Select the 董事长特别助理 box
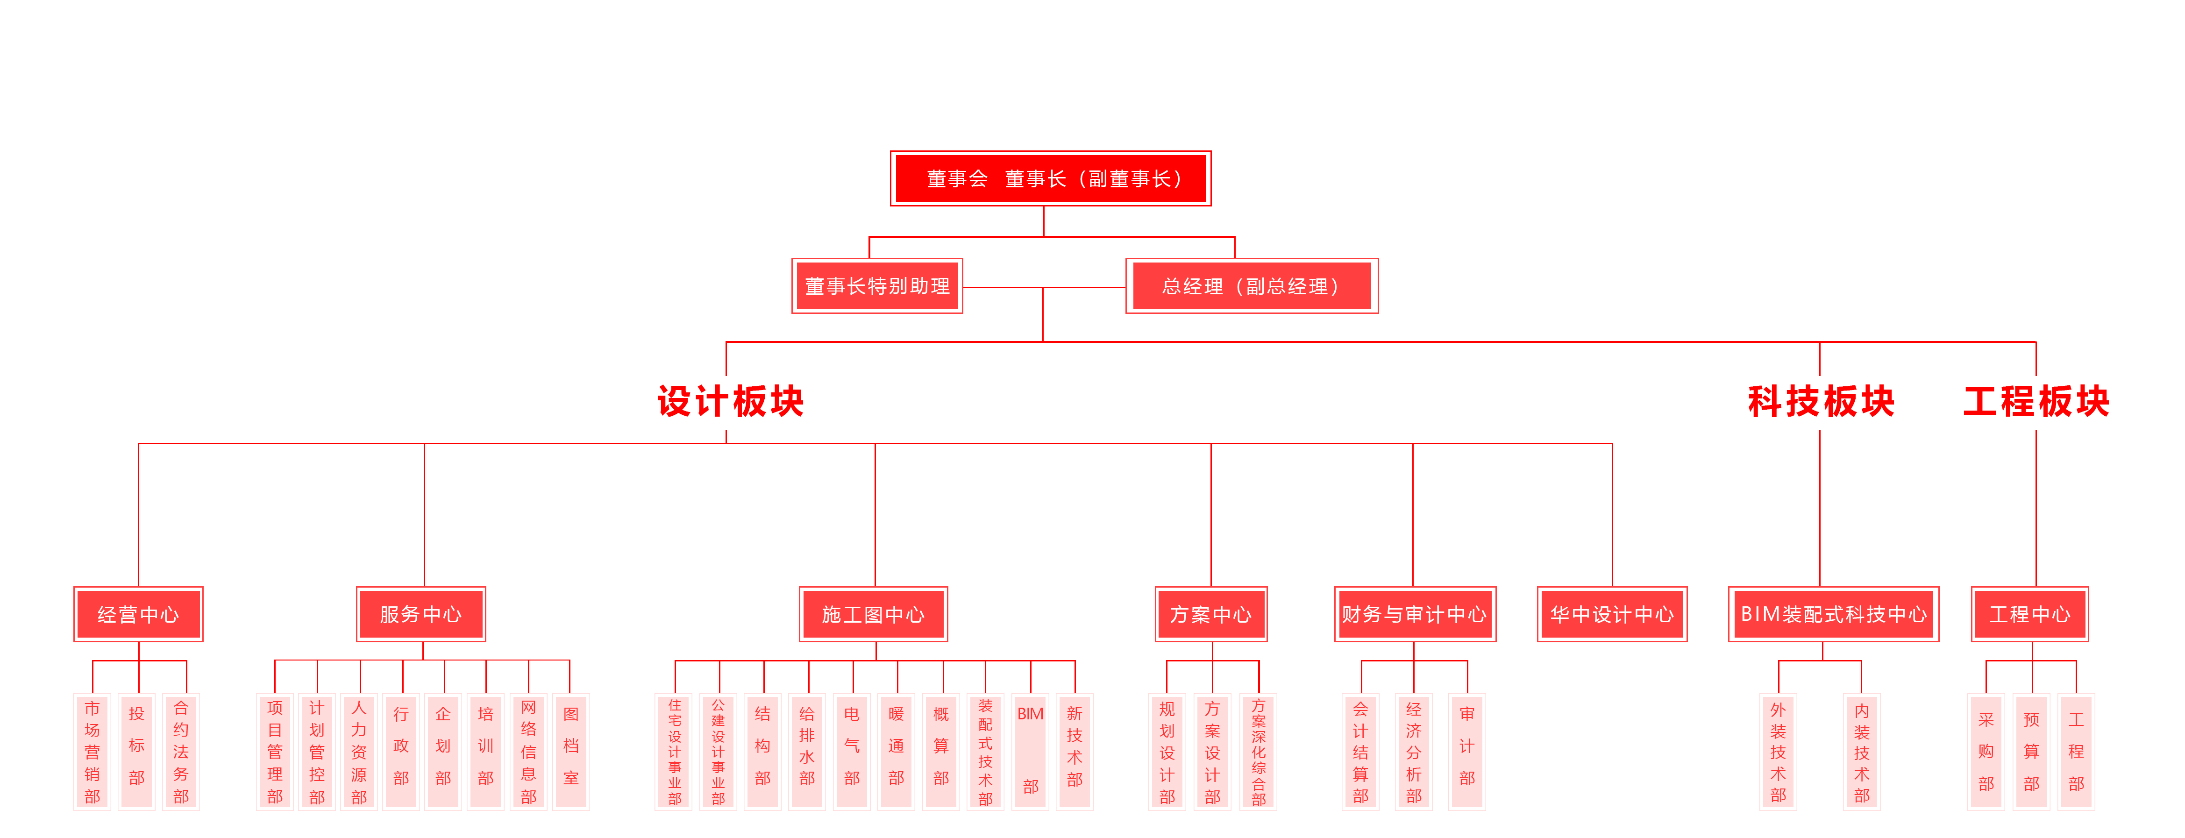click(x=877, y=286)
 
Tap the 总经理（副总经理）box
click(x=1251, y=286)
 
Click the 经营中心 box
click(x=138, y=614)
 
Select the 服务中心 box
click(x=421, y=614)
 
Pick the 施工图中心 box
click(x=873, y=614)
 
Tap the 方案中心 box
click(x=1210, y=614)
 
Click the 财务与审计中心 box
click(x=1414, y=614)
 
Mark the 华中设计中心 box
click(x=1612, y=614)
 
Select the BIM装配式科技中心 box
click(x=1833, y=614)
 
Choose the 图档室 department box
click(x=571, y=752)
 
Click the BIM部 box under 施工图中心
click(x=1031, y=752)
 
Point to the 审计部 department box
click(x=1466, y=752)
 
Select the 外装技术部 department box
click(x=1778, y=752)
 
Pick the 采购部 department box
click(x=1986, y=752)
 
